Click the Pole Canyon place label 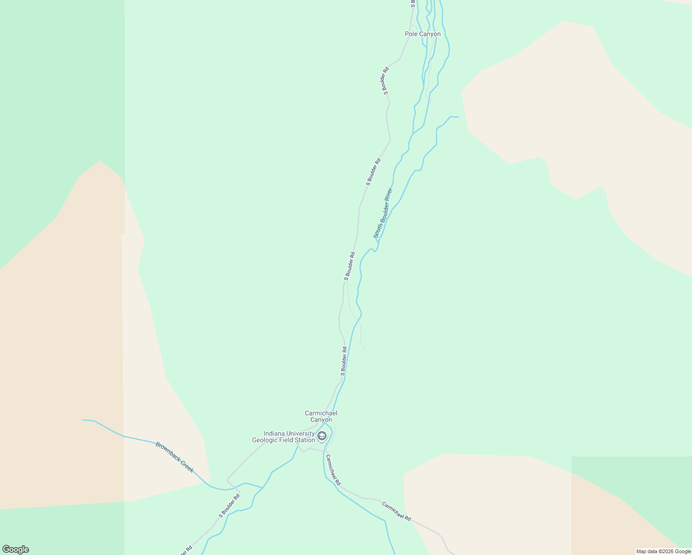[422, 34]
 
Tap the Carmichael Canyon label [321, 416]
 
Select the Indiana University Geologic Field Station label [283, 437]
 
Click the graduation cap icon [322, 436]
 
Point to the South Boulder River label [383, 213]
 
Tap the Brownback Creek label [174, 457]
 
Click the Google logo [15, 549]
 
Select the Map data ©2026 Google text [663, 551]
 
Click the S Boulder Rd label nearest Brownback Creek [229, 506]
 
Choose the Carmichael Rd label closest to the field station [333, 470]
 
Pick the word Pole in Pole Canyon [411, 34]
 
